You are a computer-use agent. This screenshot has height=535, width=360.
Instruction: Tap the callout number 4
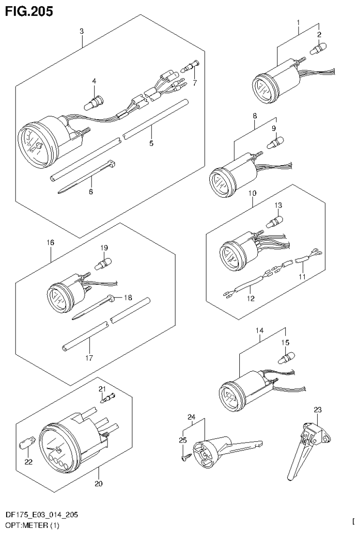(x=94, y=81)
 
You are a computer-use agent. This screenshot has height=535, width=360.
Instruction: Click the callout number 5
(x=151, y=143)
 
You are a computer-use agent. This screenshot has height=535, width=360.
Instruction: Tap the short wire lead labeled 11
(x=305, y=257)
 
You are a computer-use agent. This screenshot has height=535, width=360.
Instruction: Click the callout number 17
(x=89, y=358)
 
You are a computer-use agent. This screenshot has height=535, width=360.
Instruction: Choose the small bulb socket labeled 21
(x=108, y=398)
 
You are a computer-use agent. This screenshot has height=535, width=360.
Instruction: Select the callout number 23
(x=318, y=410)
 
